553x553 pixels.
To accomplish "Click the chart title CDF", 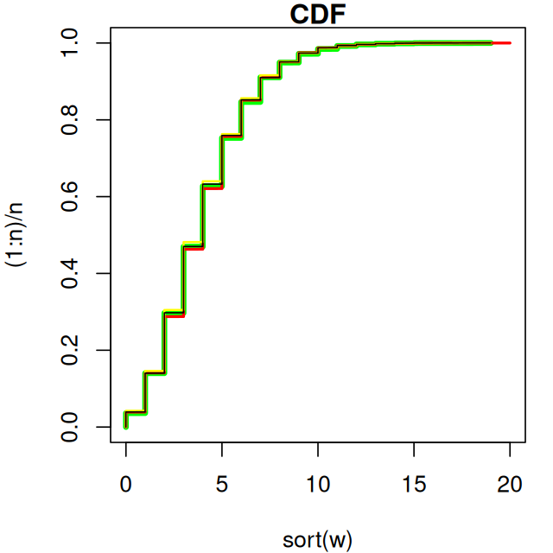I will coord(317,15).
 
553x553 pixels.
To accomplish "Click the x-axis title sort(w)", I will coord(317,540).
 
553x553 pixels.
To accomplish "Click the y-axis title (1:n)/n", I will coord(19,235).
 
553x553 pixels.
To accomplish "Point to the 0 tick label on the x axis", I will coord(126,485).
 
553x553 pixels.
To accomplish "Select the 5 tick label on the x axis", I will coord(222,485).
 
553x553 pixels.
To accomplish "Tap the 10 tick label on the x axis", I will coord(318,485).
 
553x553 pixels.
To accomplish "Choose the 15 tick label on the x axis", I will coord(414,485).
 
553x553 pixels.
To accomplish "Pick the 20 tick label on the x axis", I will coord(510,485).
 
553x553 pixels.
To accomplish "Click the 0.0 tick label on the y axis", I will coord(70,427).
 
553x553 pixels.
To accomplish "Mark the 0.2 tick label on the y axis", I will coord(70,350).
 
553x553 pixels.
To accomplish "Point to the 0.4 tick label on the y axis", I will coord(70,273).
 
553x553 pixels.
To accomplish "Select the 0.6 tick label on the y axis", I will coord(70,196).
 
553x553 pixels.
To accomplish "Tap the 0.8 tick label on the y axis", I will coord(70,119).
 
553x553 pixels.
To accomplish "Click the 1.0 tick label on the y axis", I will coord(70,43).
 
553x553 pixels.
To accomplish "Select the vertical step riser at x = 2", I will coord(164,342).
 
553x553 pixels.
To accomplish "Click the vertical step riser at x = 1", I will coord(145,392).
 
